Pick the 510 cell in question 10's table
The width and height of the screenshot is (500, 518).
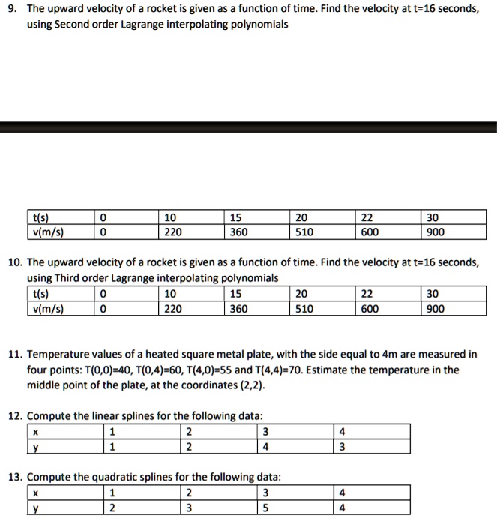click(x=304, y=308)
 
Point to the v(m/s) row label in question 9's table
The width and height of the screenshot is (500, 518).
click(x=49, y=232)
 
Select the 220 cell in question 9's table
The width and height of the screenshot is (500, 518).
click(x=173, y=232)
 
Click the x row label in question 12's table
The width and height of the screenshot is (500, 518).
click(x=35, y=431)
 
